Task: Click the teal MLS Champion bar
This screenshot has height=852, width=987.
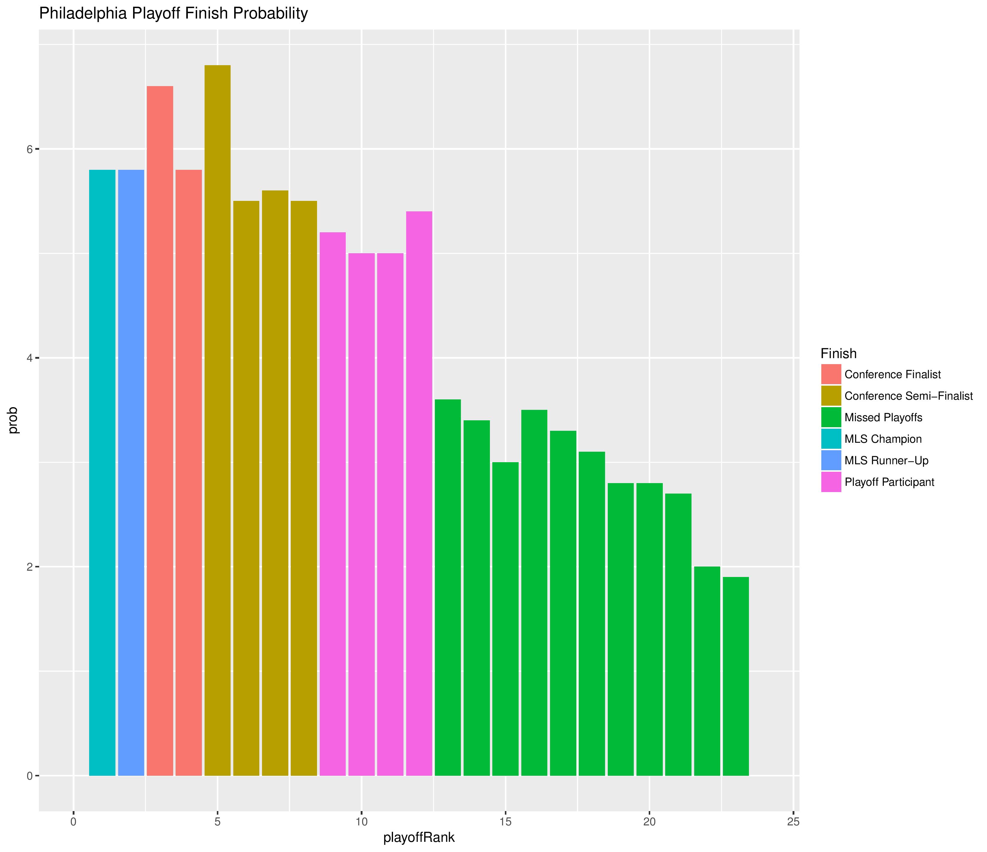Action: pos(102,471)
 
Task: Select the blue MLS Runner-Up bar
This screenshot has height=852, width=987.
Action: pos(131,471)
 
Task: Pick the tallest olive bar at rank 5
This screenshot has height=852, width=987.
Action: pos(217,419)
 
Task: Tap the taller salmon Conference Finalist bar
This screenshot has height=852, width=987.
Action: pos(160,429)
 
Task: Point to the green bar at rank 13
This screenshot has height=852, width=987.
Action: pos(448,586)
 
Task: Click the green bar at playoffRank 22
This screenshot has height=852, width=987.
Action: pos(707,671)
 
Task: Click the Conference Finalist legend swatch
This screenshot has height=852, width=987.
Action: pos(831,374)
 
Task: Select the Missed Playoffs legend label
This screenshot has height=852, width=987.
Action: pos(883,418)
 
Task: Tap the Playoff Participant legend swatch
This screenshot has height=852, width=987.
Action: pos(831,482)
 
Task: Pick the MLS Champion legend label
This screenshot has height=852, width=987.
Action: pos(883,439)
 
